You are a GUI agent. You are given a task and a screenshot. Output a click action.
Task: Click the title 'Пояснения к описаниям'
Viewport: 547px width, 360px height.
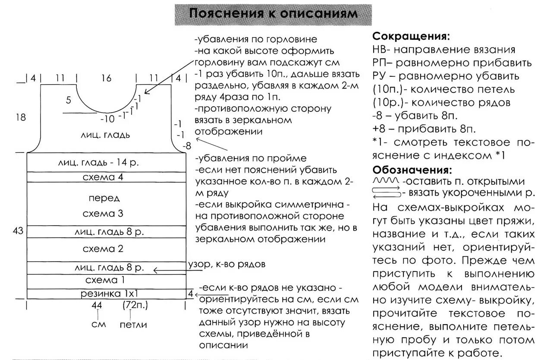[x=273, y=13]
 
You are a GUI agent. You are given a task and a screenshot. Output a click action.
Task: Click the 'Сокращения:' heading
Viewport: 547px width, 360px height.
[x=411, y=36]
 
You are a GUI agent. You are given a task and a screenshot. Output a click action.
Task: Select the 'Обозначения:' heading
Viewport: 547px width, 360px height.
[x=412, y=169]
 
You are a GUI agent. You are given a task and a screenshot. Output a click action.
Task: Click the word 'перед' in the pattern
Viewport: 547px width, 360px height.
[x=104, y=199]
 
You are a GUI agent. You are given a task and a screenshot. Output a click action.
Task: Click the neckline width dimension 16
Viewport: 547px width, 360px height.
[x=106, y=79]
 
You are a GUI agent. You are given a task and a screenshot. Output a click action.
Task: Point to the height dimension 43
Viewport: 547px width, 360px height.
[x=18, y=231]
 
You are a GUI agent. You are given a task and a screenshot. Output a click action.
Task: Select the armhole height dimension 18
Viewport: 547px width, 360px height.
[x=20, y=117]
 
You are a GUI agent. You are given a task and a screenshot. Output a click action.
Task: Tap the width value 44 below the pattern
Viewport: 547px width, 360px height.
[x=97, y=306]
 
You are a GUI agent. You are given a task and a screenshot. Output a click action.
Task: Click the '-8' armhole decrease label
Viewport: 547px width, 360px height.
[x=186, y=146]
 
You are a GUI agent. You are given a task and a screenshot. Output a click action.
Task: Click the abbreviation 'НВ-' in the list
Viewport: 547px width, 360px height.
[x=381, y=50]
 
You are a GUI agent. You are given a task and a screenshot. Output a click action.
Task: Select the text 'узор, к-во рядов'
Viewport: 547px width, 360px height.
[x=226, y=264]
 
